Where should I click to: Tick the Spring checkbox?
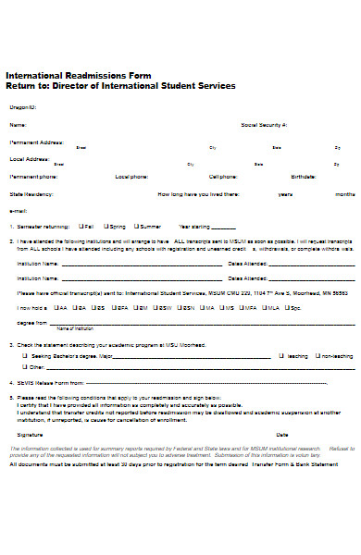(106, 226)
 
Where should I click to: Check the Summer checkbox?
(137, 226)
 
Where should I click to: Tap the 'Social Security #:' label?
(264, 124)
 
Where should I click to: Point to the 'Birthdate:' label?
(303, 176)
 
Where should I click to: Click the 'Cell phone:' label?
(223, 176)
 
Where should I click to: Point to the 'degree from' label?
(32, 324)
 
